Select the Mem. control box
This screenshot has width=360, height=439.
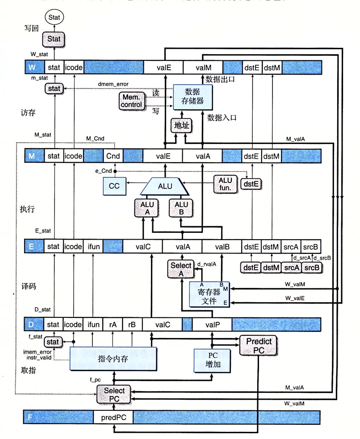click(x=131, y=101)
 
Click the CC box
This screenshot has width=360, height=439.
click(x=114, y=186)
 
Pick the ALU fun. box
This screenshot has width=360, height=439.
click(x=224, y=183)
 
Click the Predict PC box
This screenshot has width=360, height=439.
click(x=258, y=346)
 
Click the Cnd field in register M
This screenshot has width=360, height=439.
click(x=113, y=156)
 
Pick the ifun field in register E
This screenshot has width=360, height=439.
click(x=94, y=246)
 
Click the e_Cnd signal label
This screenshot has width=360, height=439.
click(x=103, y=171)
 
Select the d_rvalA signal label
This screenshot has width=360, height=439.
click(x=207, y=264)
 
